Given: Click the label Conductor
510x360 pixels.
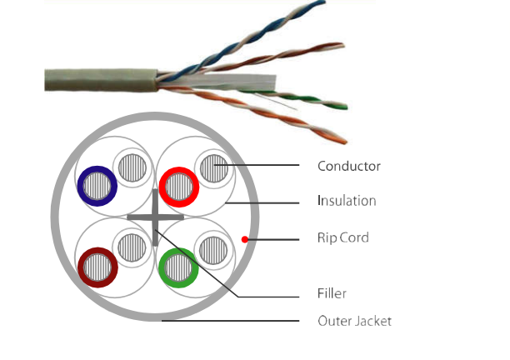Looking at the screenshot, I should click(348, 166).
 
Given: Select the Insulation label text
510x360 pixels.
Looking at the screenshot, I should click(346, 201).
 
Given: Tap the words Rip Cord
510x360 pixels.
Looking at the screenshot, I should click(342, 237).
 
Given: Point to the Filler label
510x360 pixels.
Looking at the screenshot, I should click(332, 293).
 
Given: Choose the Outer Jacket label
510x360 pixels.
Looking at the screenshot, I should click(354, 321).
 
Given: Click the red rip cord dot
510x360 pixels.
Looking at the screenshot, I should click(244, 239).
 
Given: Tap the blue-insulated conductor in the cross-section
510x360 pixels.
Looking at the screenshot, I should click(97, 185).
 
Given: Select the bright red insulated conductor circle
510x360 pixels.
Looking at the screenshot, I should click(178, 186).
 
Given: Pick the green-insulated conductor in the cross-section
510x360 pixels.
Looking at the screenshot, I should click(177, 269).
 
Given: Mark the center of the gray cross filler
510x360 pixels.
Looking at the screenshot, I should click(156, 217).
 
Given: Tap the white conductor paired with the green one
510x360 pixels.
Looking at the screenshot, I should click(212, 247).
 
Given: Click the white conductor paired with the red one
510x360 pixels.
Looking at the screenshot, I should click(212, 167).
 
